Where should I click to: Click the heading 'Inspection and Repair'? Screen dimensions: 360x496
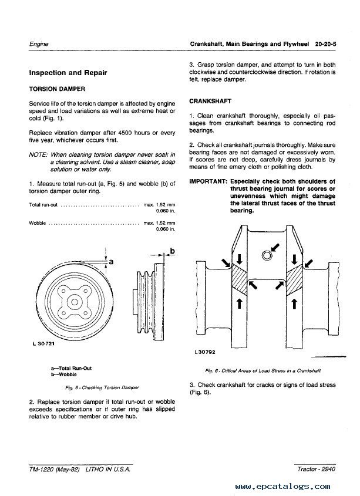click(68, 73)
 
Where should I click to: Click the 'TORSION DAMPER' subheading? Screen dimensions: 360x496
click(57, 89)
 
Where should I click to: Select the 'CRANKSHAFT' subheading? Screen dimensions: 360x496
click(210, 101)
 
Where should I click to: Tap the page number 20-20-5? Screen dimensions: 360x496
click(325, 44)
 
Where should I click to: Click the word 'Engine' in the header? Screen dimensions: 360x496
click(39, 44)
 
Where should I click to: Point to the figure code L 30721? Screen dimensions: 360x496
click(43, 343)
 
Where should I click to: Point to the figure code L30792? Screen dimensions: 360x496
click(205, 352)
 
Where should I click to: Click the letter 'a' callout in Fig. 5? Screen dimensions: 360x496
click(111, 262)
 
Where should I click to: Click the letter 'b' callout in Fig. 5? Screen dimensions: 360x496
click(172, 251)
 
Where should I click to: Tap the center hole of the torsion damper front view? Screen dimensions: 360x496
click(75, 302)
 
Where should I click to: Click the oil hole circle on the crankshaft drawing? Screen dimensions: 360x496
click(267, 255)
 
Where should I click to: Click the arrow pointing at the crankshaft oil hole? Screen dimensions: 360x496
click(275, 247)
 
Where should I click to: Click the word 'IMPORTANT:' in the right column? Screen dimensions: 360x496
click(208, 181)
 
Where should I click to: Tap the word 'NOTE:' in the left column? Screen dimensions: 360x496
click(38, 155)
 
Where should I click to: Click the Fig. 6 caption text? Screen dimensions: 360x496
click(263, 370)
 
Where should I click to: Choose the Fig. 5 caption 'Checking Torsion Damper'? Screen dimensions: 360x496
click(110, 387)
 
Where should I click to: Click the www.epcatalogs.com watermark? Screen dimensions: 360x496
click(282, 487)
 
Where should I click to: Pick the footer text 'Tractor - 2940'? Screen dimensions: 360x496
click(317, 469)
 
